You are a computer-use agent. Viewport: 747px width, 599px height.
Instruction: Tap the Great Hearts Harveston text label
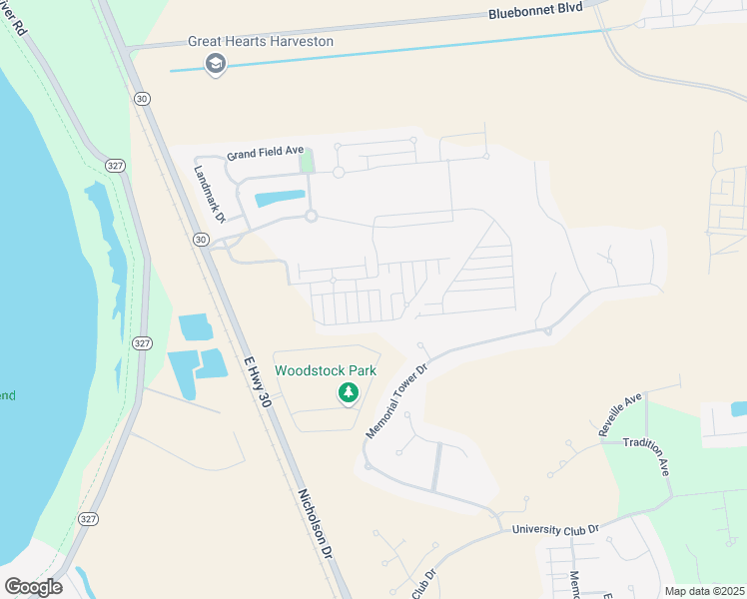(261, 42)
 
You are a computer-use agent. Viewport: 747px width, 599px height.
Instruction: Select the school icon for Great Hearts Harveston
(215, 65)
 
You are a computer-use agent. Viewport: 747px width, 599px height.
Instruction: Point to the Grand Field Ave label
(265, 154)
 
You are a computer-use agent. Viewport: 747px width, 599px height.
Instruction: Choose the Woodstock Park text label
(326, 370)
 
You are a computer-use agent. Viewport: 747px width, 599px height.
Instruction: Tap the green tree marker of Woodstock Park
(348, 393)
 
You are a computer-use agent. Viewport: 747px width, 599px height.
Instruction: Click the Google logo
(33, 587)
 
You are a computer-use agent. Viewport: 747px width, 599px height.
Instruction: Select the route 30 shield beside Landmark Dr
(201, 240)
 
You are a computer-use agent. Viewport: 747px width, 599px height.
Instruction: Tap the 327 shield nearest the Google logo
(88, 518)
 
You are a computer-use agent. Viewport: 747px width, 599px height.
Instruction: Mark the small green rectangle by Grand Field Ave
(307, 159)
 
